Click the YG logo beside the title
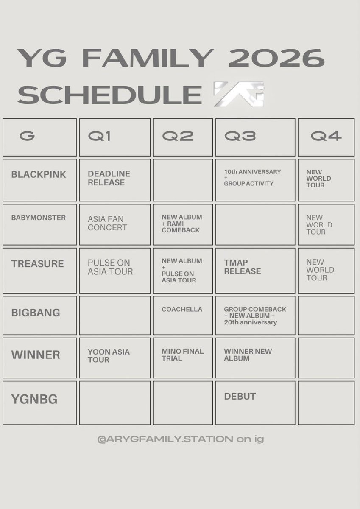239,94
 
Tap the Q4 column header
326,136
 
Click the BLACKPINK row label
39,174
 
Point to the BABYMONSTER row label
39,218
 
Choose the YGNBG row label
34,399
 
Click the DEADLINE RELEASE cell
109,178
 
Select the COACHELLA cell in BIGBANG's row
182,309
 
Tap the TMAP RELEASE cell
242,267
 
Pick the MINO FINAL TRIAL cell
182,355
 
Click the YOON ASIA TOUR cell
109,355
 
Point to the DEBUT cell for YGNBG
240,396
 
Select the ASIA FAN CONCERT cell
107,224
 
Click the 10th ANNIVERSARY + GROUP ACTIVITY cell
252,178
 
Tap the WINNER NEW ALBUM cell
248,355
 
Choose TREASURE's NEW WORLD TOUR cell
320,270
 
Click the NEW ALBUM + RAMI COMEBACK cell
182,224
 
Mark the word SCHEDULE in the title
110,94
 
